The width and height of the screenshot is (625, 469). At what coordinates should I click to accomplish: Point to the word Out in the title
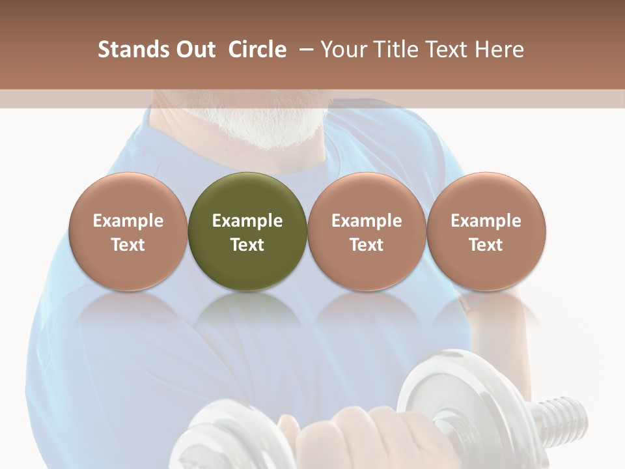coord(193,50)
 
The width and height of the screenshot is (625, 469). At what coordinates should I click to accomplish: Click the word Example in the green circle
coord(247,221)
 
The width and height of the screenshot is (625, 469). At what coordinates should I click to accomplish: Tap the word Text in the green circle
coord(247,245)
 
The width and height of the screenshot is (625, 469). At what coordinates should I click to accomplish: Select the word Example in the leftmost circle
coord(128,221)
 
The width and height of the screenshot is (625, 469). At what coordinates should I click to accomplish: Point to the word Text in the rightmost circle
coord(486,245)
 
